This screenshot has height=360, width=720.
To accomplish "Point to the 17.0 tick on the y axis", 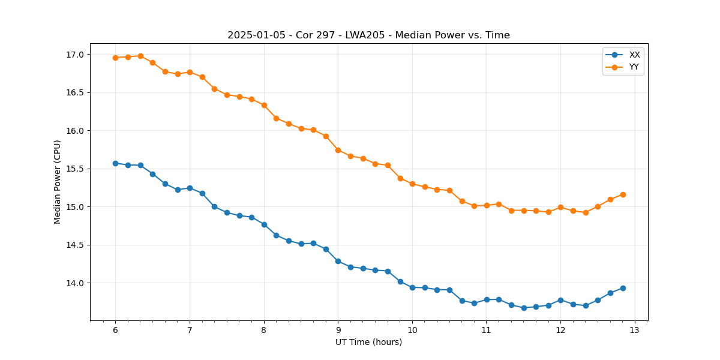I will (x=77, y=55).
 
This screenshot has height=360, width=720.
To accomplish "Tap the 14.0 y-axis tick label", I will (x=77, y=283).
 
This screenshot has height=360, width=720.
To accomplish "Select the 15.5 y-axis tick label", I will (x=77, y=169).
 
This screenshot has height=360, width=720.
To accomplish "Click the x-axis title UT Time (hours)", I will (x=368, y=342).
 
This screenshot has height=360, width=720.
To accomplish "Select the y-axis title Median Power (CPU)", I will (x=58, y=182).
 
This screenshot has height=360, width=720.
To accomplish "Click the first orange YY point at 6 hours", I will (x=115, y=58).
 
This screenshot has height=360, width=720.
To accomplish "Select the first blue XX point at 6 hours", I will (x=115, y=163).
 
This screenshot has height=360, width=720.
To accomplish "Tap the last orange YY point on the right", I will (x=623, y=194).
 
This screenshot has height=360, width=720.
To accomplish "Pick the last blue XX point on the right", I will (x=623, y=288).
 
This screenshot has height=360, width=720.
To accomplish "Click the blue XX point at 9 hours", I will (x=338, y=261).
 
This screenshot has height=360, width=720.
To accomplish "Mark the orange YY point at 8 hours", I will (x=264, y=105).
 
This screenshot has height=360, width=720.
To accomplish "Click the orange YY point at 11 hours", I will (x=487, y=205).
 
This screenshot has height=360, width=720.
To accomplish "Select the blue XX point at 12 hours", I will (x=560, y=300).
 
